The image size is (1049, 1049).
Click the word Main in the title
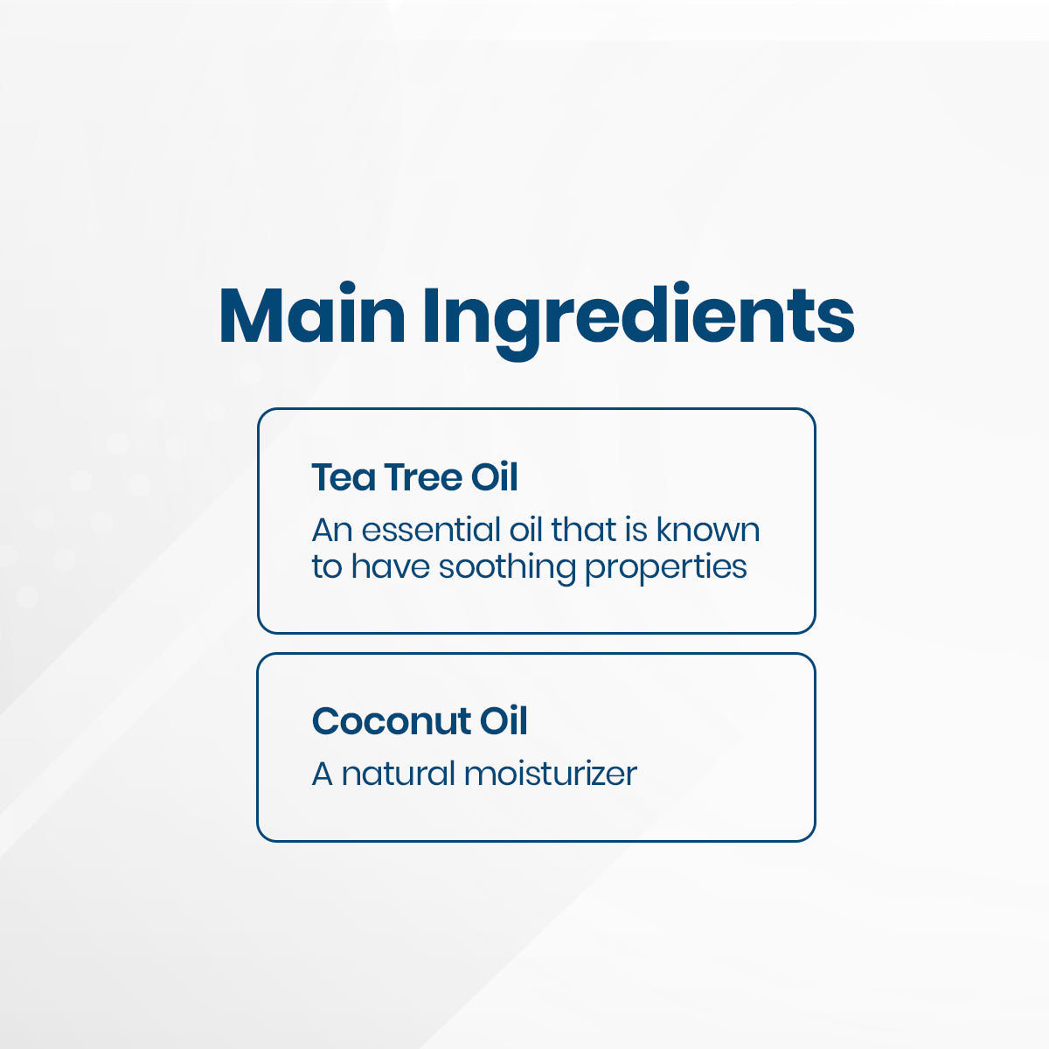(312, 316)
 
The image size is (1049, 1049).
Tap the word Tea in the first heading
(343, 477)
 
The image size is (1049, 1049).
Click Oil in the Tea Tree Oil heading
(495, 477)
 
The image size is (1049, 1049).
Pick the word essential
(433, 530)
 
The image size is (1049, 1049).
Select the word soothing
(507, 567)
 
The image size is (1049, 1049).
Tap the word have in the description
(391, 566)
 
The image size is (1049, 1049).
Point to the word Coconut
(391, 722)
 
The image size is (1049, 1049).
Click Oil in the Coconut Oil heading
(504, 722)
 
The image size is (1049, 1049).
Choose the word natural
(399, 774)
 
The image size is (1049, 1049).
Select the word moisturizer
(551, 774)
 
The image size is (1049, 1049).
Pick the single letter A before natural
(323, 774)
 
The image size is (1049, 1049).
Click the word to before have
(327, 567)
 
